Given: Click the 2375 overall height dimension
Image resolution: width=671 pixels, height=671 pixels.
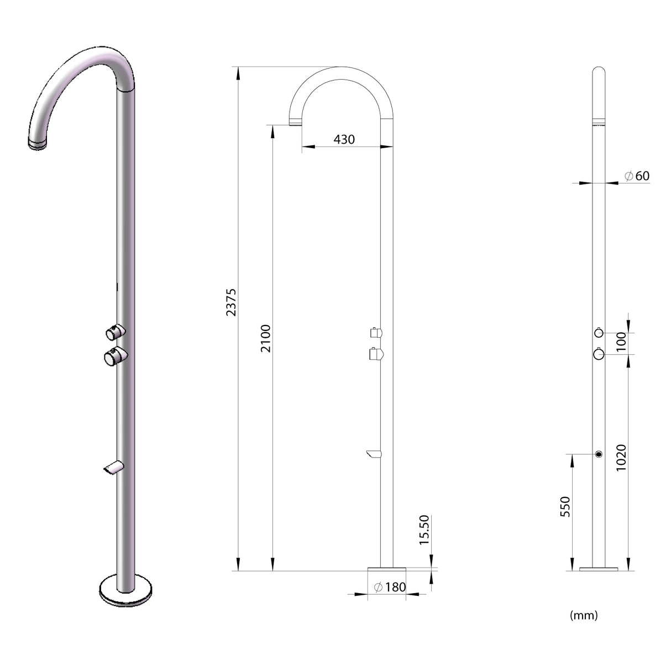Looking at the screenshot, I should click(231, 301).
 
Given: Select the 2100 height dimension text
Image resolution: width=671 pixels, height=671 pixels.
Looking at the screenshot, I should click(266, 338).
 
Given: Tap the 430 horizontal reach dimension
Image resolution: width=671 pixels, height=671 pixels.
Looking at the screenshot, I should click(344, 139).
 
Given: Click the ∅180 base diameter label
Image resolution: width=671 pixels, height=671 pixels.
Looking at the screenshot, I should click(390, 587).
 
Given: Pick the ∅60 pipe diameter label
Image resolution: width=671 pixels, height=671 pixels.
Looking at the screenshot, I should click(637, 176).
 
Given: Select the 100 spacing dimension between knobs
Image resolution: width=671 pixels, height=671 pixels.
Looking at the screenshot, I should click(621, 339).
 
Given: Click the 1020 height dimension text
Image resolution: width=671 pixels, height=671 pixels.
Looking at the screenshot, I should click(621, 458).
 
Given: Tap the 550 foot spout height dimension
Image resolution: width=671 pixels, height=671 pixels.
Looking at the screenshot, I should click(565, 506).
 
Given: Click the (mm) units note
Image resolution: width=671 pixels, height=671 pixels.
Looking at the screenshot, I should click(584, 615).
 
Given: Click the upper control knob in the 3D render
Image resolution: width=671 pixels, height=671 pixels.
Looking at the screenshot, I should click(116, 332).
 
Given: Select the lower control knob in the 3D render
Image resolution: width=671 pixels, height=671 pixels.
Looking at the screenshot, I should click(114, 356).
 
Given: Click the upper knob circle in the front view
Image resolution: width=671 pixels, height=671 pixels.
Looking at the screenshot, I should click(599, 333).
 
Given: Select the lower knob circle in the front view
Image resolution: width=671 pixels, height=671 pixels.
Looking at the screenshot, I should click(599, 354).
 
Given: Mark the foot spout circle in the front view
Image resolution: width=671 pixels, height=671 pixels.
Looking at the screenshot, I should click(599, 454).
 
